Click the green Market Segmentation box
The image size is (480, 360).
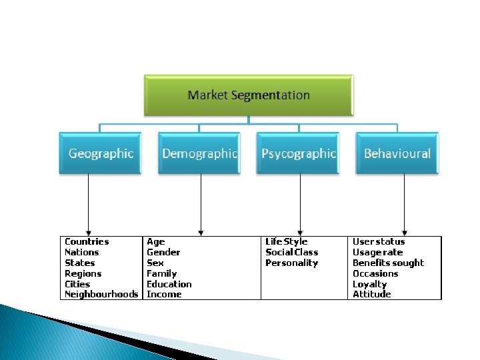point(249,95)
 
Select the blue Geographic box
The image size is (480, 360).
point(100,153)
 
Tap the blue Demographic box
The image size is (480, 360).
point(199,153)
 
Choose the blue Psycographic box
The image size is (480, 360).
point(299,153)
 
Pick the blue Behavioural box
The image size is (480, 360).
point(397,153)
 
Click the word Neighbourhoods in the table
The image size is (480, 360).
point(101,294)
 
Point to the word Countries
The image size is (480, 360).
point(87,241)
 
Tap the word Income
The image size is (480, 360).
point(164,294)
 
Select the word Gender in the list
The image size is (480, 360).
point(163,252)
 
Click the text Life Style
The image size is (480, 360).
point(287,241)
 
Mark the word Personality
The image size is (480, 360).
point(292,263)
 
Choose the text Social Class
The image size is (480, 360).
point(292,252)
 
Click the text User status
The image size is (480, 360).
point(379,241)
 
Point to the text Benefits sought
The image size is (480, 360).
point(388,263)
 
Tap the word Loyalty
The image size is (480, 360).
point(369,284)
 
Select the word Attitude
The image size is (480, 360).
point(372,294)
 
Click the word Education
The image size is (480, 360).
point(169,284)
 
